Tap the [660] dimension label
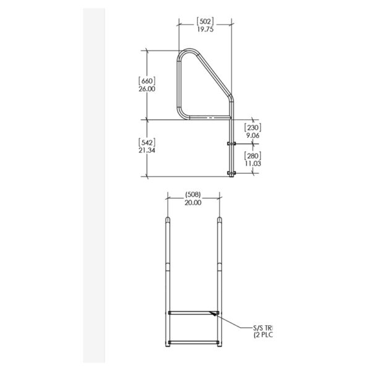click(147, 80)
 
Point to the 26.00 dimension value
click(147, 89)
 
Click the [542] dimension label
click(147, 142)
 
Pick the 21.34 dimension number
click(147, 151)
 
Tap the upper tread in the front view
click(194, 313)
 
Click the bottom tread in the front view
click(194, 341)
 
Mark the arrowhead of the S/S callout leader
click(213, 314)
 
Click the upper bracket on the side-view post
click(231, 143)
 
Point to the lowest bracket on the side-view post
click(231, 173)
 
